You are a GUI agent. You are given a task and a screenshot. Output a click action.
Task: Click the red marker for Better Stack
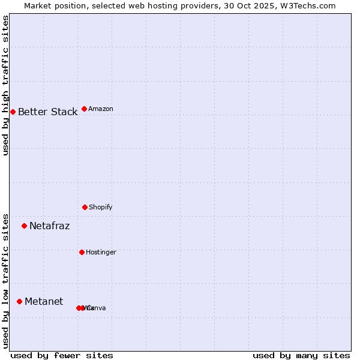click(13, 112)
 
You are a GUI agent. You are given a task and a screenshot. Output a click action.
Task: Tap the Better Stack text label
click(47, 112)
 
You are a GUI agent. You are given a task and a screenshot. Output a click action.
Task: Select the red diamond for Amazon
click(84, 109)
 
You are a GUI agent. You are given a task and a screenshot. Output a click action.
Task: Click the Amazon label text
click(101, 109)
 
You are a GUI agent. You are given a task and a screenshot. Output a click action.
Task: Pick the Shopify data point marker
click(85, 207)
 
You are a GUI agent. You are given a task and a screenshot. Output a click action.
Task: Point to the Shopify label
click(101, 208)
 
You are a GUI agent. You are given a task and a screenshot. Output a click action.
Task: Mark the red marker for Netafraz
click(24, 226)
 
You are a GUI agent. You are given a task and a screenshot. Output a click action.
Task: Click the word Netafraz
click(49, 226)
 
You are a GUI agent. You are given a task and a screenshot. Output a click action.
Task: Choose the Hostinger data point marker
click(82, 252)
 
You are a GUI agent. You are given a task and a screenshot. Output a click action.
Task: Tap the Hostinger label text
click(101, 253)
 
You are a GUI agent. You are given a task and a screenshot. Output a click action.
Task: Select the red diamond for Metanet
click(19, 301)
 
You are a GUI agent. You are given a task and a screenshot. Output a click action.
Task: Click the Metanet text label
click(44, 302)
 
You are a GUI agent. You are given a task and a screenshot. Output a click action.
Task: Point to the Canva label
click(96, 308)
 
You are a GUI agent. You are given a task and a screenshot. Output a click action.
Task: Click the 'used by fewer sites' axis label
click(62, 356)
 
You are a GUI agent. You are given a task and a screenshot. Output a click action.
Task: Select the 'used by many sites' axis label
click(301, 356)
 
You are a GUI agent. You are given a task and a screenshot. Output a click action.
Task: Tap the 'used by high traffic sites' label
click(6, 85)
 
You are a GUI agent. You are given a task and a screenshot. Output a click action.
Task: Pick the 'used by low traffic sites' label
click(6, 281)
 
